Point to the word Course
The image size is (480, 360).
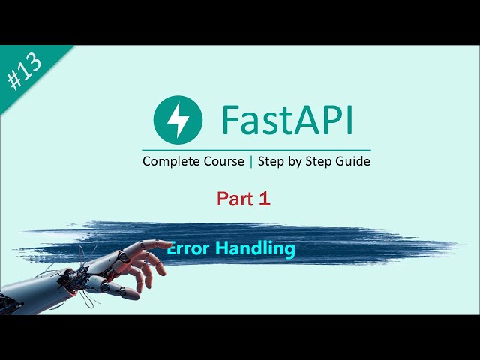tap(223, 161)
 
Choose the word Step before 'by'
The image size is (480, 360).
tap(273, 161)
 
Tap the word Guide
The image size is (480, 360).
tap(352, 161)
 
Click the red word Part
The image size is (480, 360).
tap(233, 199)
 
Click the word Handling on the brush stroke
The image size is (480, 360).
tap(257, 247)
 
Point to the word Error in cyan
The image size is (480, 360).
tap(190, 247)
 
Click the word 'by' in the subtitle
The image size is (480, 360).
tap(297, 161)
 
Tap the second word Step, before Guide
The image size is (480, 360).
tap(321, 161)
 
